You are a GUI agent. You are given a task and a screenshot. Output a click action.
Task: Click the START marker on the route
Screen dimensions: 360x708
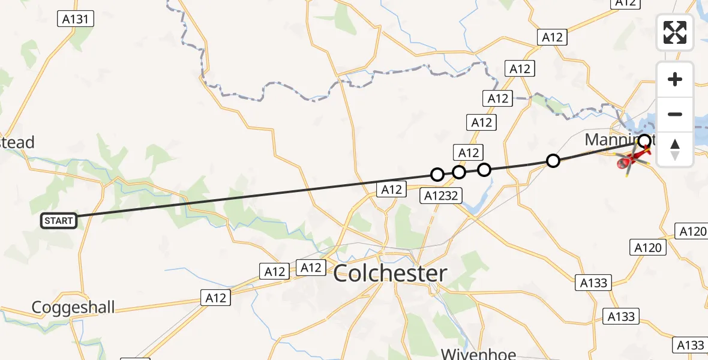tap(58, 221)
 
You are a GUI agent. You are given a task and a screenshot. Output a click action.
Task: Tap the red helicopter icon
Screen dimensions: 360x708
tap(631, 160)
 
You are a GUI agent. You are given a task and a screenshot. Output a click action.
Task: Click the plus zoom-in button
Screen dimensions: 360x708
tap(675, 79)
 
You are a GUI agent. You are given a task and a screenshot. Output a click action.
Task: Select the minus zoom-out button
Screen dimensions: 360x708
tap(675, 114)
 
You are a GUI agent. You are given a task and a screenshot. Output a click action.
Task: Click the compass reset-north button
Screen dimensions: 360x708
tap(675, 149)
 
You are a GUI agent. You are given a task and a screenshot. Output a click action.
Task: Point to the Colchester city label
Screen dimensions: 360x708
tap(390, 274)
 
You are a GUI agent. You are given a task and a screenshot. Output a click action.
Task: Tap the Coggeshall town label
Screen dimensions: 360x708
tap(73, 308)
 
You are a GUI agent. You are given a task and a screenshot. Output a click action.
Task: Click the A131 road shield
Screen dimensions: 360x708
tap(76, 19)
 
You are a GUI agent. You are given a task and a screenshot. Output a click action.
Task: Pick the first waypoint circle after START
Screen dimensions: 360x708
tap(437, 175)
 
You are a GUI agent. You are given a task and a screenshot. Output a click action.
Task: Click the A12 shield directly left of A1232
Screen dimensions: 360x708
tap(391, 190)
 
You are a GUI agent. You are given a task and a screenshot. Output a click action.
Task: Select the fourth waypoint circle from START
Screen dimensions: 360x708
tap(553, 160)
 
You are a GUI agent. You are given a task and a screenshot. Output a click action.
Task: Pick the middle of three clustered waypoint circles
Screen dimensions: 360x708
tap(459, 172)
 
